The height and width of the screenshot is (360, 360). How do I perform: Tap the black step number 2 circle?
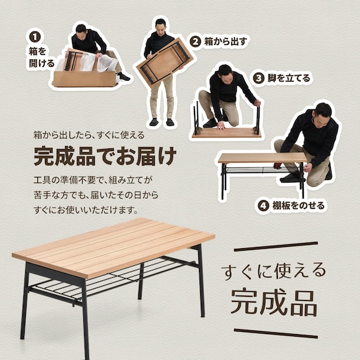(x=195, y=42)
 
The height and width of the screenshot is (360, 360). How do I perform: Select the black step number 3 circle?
(x=258, y=78)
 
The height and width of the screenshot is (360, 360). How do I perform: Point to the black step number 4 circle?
(x=263, y=206)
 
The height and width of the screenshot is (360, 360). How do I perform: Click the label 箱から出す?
(x=225, y=42)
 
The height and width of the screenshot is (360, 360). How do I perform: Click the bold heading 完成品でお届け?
(x=105, y=155)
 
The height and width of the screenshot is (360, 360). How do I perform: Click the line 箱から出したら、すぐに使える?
(x=89, y=135)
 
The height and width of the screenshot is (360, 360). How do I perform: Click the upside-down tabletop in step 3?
(x=226, y=132)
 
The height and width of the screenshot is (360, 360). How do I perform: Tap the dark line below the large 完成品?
(x=275, y=333)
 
